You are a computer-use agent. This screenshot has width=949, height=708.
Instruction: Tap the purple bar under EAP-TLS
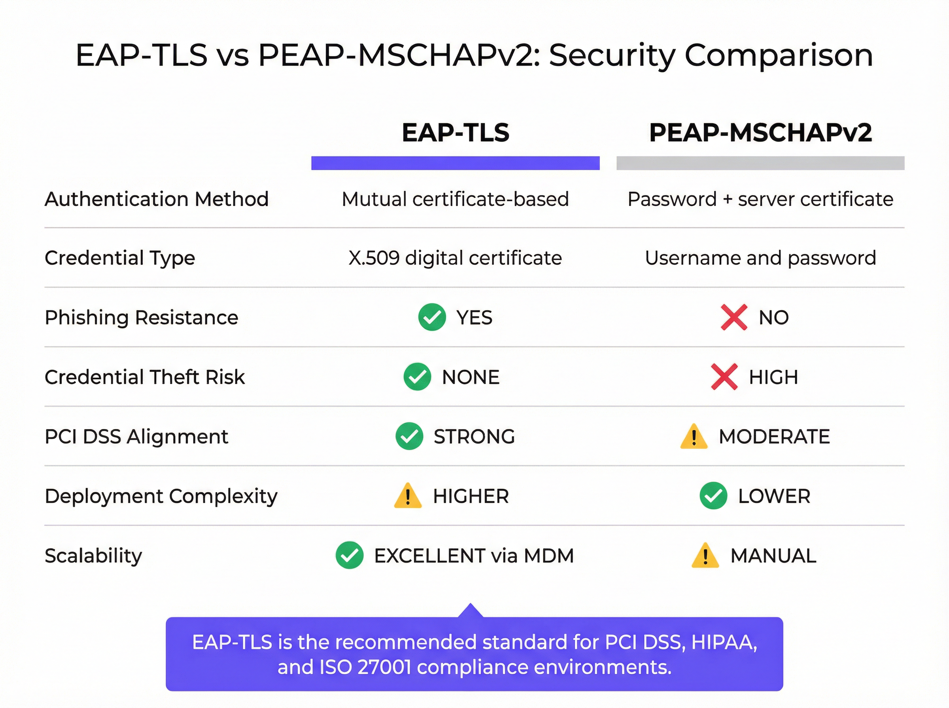[456, 163]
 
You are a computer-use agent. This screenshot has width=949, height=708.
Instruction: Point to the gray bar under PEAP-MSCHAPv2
[760, 163]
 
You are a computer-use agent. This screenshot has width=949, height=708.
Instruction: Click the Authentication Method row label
[157, 199]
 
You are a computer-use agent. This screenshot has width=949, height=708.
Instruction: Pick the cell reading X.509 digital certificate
[455, 258]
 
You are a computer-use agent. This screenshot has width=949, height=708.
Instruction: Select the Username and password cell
[760, 258]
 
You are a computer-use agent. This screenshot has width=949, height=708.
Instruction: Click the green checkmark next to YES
[432, 317]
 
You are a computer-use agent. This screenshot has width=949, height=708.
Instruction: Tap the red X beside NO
[734, 317]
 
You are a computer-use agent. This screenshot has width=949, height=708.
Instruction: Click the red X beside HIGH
[724, 377]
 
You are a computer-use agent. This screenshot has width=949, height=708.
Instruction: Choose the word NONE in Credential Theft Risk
[471, 377]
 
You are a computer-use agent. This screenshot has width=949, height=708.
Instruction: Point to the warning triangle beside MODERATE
[694, 437]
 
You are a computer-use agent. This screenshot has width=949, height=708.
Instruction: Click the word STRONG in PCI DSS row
[474, 437]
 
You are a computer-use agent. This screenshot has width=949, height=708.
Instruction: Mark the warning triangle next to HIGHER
[407, 496]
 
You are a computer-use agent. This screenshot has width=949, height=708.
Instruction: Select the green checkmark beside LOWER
[713, 496]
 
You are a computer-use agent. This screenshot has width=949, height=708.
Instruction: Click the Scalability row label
[93, 555]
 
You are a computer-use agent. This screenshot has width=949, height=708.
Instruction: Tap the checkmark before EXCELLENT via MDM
[350, 555]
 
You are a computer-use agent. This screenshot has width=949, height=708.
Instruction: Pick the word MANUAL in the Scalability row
[773, 556]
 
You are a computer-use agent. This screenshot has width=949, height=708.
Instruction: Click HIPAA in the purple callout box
[724, 642]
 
